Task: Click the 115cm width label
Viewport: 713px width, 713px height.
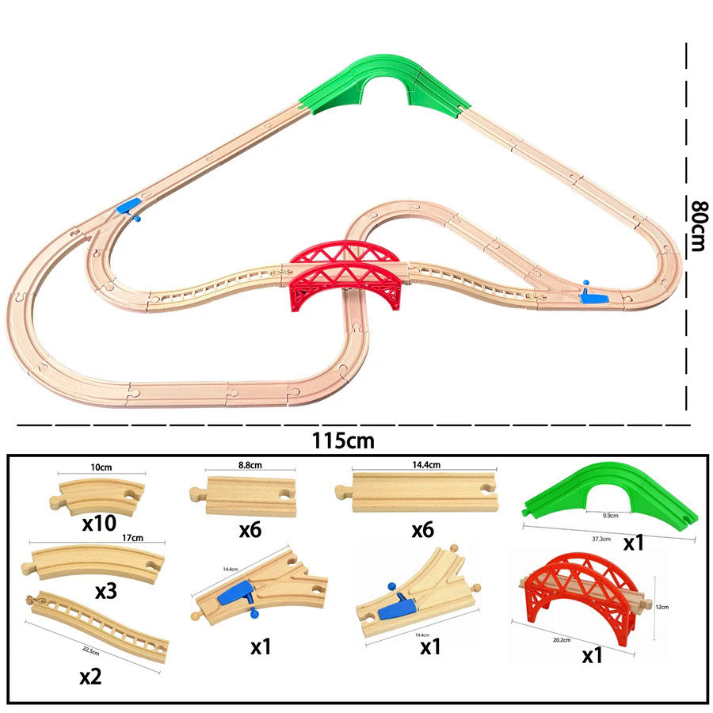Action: [x=343, y=440]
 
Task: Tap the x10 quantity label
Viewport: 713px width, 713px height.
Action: [x=99, y=524]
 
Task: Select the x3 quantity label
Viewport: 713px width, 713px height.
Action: [x=106, y=591]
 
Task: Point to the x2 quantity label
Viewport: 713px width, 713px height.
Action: [x=90, y=677]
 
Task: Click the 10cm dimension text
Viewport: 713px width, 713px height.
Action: [x=101, y=467]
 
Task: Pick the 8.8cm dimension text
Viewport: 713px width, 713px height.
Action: [x=250, y=465]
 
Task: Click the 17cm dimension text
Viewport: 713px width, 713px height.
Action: [x=132, y=538]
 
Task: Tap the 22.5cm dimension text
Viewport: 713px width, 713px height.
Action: [x=91, y=651]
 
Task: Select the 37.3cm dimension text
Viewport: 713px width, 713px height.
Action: [x=601, y=539]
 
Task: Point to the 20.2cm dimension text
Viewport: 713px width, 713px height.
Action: [x=562, y=640]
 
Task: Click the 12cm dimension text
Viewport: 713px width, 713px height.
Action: [x=662, y=607]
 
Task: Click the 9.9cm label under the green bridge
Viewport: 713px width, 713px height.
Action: [x=610, y=516]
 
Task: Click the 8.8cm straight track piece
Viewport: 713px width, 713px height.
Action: [x=243, y=496]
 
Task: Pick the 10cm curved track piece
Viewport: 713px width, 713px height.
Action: [x=97, y=498]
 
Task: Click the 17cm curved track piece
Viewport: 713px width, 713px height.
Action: [x=93, y=562]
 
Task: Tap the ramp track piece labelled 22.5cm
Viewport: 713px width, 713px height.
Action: [x=97, y=625]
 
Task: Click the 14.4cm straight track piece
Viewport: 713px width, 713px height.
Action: [x=417, y=492]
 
